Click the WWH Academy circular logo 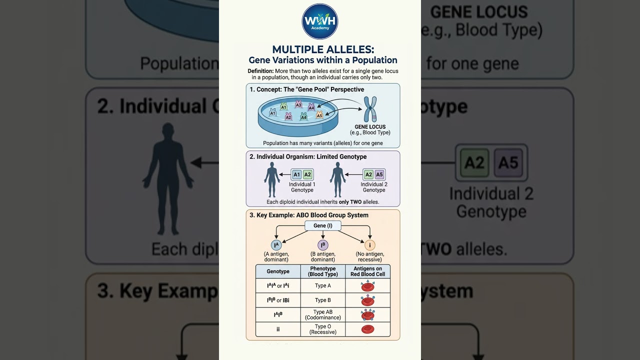coord(320,21)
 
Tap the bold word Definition coord(260,71)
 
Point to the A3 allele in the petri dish coord(298,104)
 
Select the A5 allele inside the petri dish coord(319,115)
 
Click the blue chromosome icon coord(370,109)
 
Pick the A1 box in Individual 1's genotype coord(296,174)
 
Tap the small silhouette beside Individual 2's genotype coord(338,179)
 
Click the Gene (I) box coord(323,225)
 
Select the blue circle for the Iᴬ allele coord(276,245)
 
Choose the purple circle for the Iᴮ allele coord(323,245)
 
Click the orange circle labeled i coord(370,245)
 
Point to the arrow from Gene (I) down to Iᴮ coord(323,235)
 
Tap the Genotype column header coord(278,271)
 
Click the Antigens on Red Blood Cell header coord(367,271)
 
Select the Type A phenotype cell coord(323,286)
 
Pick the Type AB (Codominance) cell coord(323,315)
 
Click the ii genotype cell coord(278,329)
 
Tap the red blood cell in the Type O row coord(368,329)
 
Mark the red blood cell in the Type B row coord(368,300)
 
